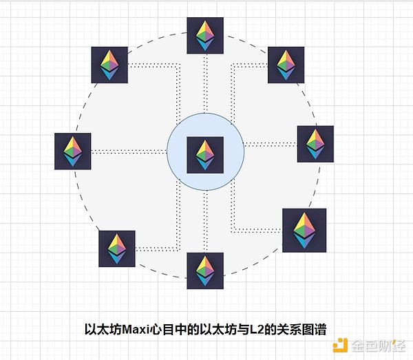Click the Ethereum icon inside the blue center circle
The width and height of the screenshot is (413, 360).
[205, 154]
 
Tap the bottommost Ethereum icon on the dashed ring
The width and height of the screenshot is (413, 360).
[205, 270]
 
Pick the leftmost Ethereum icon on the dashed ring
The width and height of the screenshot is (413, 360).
[73, 151]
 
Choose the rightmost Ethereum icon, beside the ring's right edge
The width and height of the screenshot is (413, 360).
[315, 144]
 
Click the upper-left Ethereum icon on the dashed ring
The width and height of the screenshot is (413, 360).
[110, 65]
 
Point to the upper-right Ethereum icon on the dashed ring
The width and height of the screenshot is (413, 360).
[286, 65]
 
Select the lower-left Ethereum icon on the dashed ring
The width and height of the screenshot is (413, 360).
[117, 248]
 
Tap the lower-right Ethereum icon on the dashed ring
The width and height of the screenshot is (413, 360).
[304, 230]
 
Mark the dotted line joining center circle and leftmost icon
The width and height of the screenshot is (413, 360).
[131, 151]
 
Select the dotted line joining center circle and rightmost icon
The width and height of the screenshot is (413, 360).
[270, 144]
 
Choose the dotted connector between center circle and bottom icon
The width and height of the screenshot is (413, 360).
[205, 220]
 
